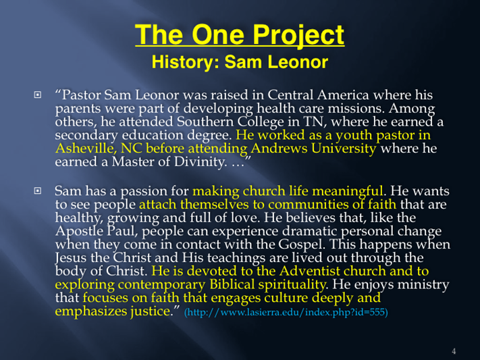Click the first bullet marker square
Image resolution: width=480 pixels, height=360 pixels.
pyautogui.click(x=37, y=95)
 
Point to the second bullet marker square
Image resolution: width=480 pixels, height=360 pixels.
pyautogui.click(x=37, y=191)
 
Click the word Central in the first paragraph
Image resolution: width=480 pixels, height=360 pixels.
pyautogui.click(x=290, y=95)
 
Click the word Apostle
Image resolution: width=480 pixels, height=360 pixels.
pyautogui.click(x=79, y=231)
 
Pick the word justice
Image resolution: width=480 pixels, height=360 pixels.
pyautogui.click(x=151, y=311)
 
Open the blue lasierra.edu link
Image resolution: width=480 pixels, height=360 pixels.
pyautogui.click(x=286, y=312)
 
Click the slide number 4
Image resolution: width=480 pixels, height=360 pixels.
pyautogui.click(x=454, y=351)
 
